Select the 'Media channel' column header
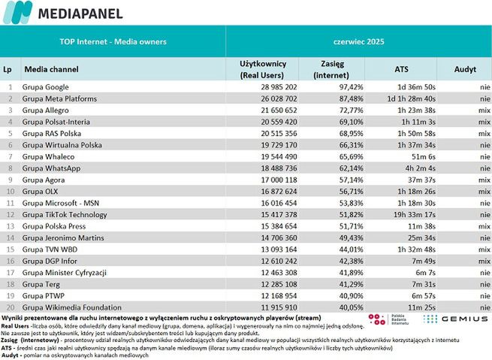click(x=51, y=68)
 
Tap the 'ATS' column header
click(x=402, y=68)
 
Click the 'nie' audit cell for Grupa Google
click(x=475, y=87)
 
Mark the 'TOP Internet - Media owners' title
click(x=113, y=42)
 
